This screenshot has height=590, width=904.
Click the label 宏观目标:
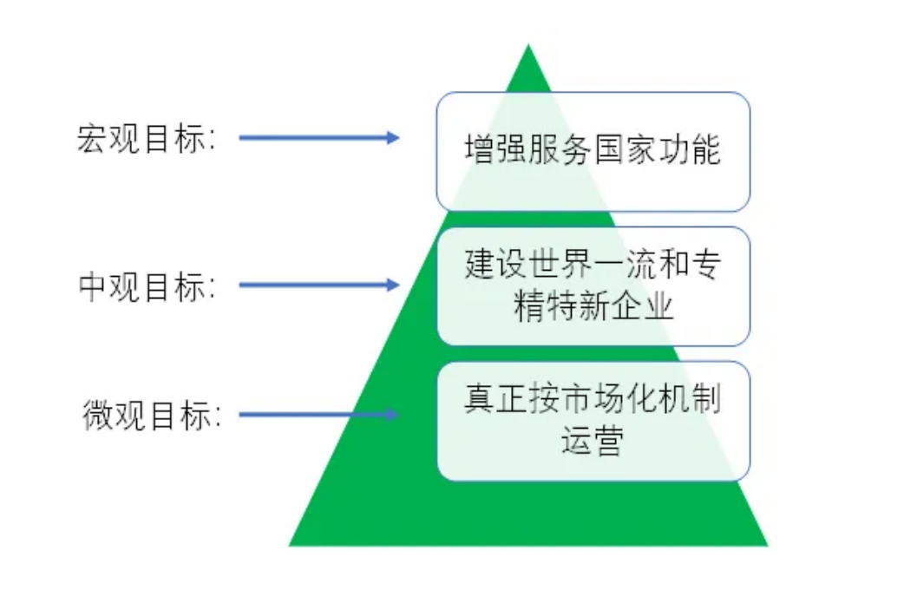point(146,139)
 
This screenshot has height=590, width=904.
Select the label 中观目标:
point(146,286)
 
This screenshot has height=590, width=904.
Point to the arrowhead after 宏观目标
point(392,137)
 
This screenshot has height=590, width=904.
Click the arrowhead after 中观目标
point(392,285)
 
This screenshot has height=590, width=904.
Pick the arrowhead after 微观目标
point(392,415)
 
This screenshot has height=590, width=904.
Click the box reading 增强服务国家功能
point(593,151)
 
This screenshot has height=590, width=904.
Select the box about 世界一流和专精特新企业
point(593,285)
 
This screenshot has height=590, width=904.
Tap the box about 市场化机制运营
point(593,421)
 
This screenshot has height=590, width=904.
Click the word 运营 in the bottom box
point(593,442)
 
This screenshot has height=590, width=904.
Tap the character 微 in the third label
point(95,416)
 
